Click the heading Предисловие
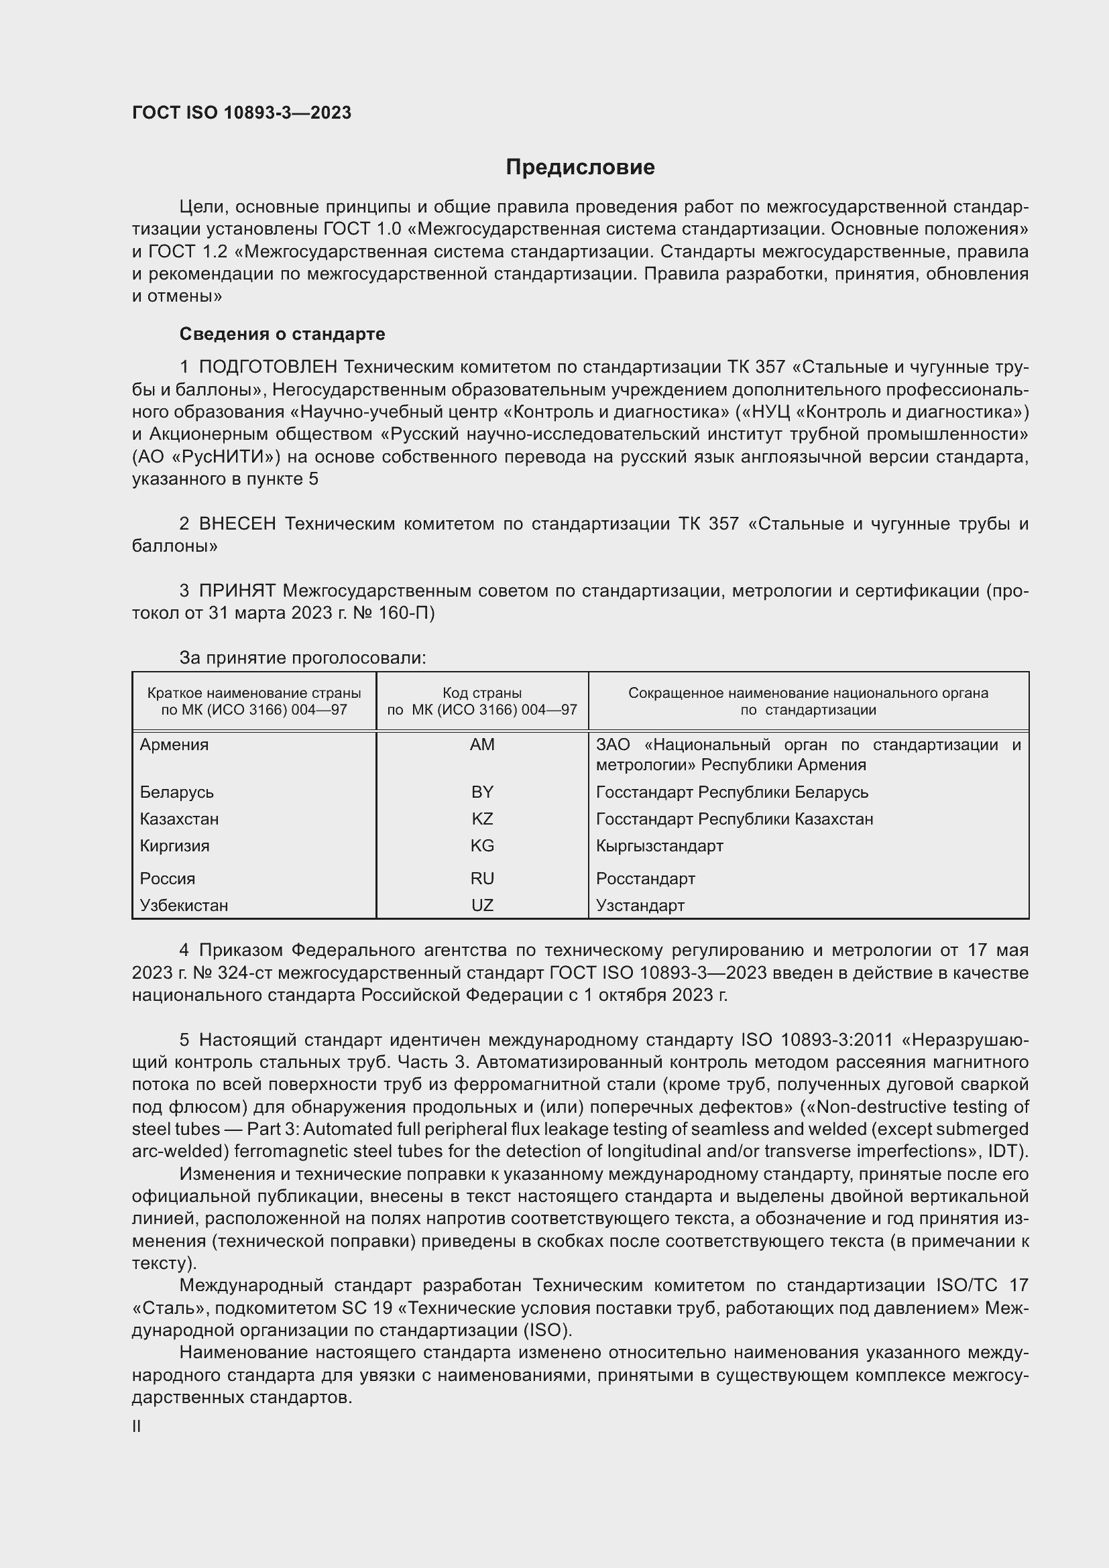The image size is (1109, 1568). (x=580, y=167)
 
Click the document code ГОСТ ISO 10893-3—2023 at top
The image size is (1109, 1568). (x=242, y=113)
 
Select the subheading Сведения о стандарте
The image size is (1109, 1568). (x=282, y=334)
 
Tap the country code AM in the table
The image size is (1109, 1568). (x=482, y=744)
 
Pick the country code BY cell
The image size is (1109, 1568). (x=482, y=792)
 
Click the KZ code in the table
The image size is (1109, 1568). (x=482, y=818)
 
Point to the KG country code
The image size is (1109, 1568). (x=482, y=845)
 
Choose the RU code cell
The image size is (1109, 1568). (x=482, y=878)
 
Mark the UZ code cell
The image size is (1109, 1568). (x=482, y=905)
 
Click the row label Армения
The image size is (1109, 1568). (x=174, y=744)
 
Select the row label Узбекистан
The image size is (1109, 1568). (x=184, y=905)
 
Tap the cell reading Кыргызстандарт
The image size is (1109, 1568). (x=659, y=845)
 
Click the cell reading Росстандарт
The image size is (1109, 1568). (x=645, y=878)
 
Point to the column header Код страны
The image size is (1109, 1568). (x=482, y=692)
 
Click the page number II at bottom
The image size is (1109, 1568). (x=137, y=1426)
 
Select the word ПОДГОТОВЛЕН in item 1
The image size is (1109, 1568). (x=268, y=367)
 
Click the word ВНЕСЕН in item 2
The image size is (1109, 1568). (x=237, y=524)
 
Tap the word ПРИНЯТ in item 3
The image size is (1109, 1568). (x=237, y=591)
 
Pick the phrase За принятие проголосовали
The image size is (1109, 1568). (x=302, y=658)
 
